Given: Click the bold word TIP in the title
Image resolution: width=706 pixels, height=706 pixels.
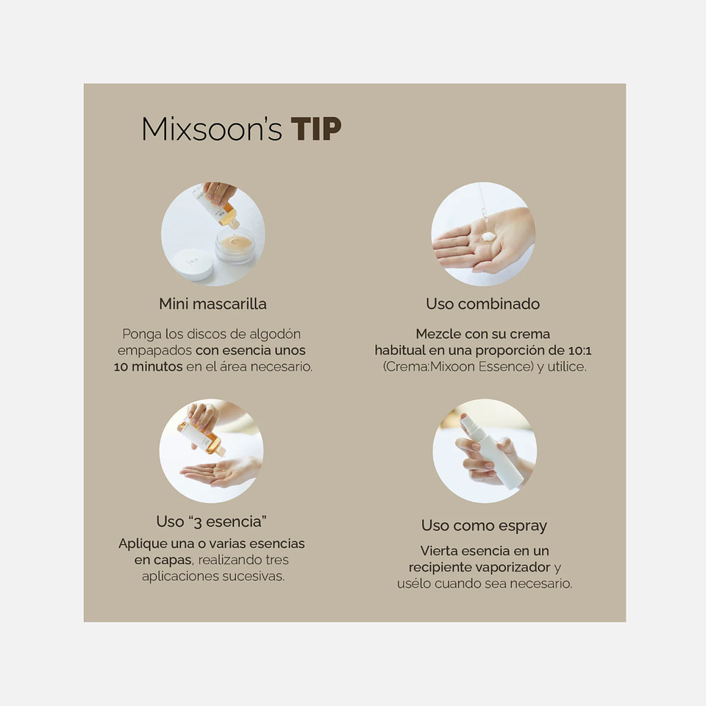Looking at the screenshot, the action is point(316,129).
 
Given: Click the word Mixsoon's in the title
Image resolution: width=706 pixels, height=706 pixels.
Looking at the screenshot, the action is point(212,129).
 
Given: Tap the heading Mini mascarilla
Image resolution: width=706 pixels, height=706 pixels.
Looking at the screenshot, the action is point(213,304).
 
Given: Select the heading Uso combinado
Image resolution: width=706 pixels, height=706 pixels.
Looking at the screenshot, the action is point(482,304).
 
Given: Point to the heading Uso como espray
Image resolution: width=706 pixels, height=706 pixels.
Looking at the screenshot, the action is point(484,526).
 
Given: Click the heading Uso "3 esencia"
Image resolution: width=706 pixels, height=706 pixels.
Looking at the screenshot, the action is point(211,522).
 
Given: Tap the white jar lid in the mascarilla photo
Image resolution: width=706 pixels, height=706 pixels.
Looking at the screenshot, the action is point(193,265).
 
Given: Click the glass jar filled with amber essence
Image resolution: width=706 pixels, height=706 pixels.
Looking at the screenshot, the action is point(235,246).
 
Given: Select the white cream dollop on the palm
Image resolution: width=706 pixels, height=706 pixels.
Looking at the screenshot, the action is point(488,236).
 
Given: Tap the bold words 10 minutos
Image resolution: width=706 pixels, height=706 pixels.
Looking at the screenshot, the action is point(148,367).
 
